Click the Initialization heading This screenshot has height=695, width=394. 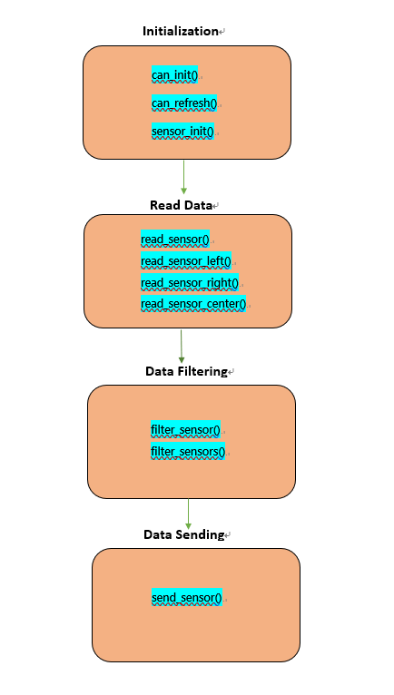click(x=180, y=31)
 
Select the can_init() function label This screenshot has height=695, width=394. click(x=174, y=75)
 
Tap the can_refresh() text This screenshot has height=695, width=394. click(x=184, y=103)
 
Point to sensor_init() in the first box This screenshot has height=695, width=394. click(x=182, y=132)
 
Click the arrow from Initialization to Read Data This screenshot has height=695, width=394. click(x=183, y=177)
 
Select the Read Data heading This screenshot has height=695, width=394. click(x=181, y=205)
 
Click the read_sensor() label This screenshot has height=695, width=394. click(x=175, y=240)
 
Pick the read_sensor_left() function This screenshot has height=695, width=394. click(x=186, y=261)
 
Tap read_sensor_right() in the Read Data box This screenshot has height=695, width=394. click(x=190, y=282)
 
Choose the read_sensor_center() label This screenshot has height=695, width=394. click(x=193, y=304)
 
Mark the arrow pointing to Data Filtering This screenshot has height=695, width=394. click(x=181, y=347)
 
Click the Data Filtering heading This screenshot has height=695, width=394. click(x=186, y=371)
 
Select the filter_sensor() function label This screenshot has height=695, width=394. click(x=185, y=429)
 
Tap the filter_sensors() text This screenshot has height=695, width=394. click(x=188, y=451)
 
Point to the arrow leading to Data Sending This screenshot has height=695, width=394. click(x=188, y=514)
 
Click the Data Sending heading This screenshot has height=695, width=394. click(x=183, y=534)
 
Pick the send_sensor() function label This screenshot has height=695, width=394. click(x=186, y=598)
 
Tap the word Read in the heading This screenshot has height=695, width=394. click(x=163, y=205)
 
